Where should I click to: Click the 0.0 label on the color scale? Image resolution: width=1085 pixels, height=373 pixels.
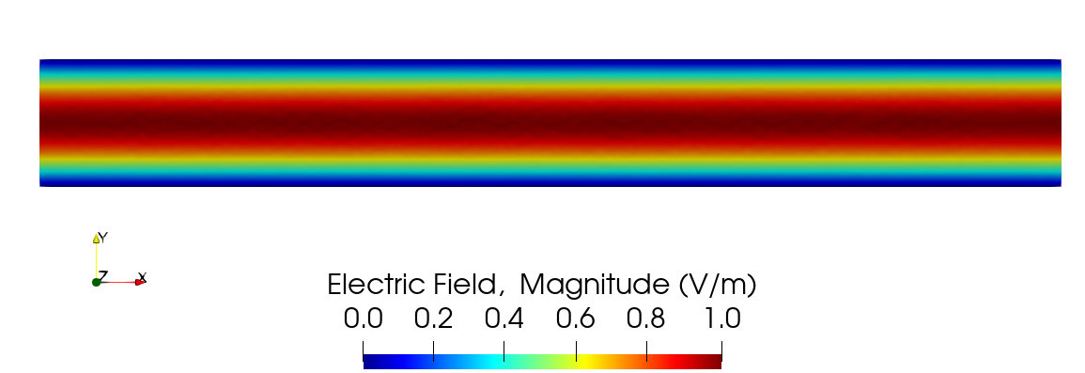point(363,319)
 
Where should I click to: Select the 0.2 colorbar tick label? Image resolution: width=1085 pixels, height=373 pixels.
point(433,319)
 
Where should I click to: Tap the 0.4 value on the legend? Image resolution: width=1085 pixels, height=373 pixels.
point(504,319)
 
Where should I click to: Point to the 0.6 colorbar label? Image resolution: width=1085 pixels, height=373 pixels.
point(575,319)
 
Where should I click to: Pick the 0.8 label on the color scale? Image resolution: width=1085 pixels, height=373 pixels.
point(646,319)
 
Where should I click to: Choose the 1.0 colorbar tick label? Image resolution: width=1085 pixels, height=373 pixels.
point(721,319)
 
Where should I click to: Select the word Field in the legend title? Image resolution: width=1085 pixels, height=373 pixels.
point(475,284)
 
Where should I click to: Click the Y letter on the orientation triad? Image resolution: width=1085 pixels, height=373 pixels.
point(102,238)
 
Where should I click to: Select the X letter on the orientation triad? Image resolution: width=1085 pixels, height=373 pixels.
point(142,277)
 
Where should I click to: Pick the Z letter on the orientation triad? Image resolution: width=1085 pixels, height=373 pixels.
point(103,275)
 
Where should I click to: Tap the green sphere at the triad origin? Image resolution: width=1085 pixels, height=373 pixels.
point(96,282)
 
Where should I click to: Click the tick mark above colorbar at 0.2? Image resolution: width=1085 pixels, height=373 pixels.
point(433,350)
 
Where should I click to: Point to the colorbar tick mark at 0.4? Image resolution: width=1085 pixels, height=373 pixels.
point(504,350)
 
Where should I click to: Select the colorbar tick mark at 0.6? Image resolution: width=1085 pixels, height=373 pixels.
point(575,350)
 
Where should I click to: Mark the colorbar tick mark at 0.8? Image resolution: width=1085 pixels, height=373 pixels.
point(646,350)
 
